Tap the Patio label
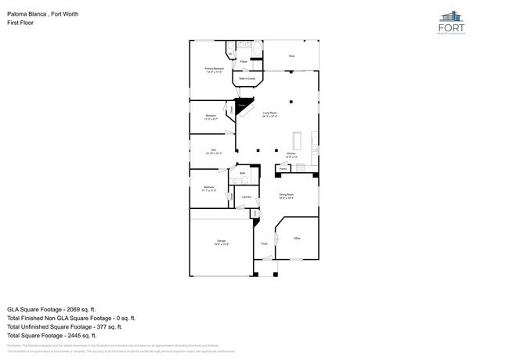click(291, 56)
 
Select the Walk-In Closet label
click(247, 78)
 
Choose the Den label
click(214, 152)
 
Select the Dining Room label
click(287, 196)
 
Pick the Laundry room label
click(246, 197)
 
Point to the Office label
click(296, 238)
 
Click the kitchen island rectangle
click(297, 141)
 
